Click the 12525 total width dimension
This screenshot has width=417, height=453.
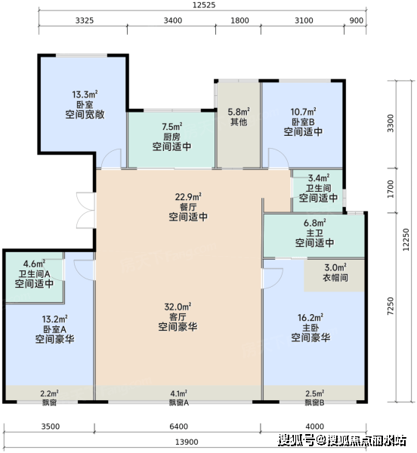204,5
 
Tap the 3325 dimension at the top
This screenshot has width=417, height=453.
85,20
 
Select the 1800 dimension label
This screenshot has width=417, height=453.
239,20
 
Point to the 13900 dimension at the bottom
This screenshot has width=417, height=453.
187,442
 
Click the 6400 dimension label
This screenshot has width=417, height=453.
178,427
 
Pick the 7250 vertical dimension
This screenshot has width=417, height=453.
391,307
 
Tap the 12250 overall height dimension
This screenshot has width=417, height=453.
406,239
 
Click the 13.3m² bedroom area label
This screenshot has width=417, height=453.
85,94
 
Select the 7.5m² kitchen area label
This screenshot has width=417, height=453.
172,127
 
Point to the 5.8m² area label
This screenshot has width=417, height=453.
239,112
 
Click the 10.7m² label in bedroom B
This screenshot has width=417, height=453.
303,112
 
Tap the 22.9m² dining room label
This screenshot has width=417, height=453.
188,197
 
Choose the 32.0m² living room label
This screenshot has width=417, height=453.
178,307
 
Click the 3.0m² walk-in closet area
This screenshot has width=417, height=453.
335,267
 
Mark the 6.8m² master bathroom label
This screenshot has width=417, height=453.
315,223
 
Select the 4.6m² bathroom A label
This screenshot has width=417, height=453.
34,263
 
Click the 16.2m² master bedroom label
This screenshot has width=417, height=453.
310,318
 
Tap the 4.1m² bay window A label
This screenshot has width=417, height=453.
178,393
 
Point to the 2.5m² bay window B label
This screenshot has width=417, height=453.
315,393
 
